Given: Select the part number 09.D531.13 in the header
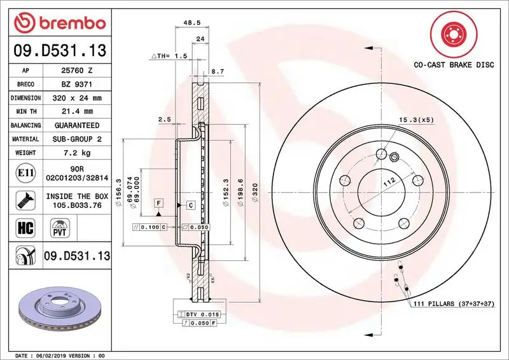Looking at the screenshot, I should point(57,49).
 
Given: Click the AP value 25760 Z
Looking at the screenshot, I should point(76,71).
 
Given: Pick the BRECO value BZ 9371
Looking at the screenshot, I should point(76,85).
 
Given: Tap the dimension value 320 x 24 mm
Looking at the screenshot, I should point(76,99).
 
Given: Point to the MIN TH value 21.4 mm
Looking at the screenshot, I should point(76,112).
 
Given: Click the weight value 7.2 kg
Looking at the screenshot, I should point(76,153).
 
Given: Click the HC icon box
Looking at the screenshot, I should point(22,226).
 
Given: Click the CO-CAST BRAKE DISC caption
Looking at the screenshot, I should point(454,65).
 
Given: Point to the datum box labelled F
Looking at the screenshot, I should point(158,202).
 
